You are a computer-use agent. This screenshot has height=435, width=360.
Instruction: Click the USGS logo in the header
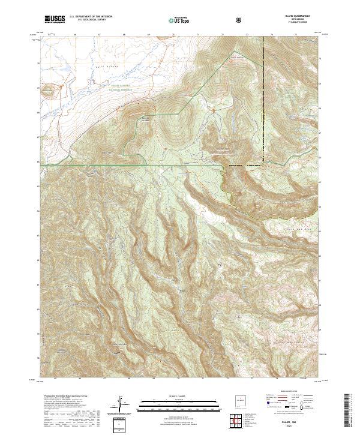[x=55, y=20]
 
